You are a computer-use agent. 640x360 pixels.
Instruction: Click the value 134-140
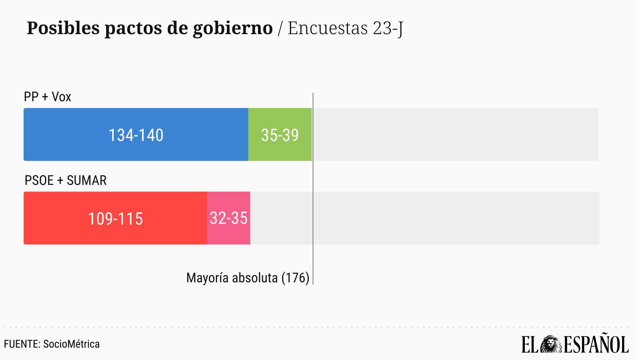[x=136, y=135]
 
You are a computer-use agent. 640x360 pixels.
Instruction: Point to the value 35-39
[x=280, y=135]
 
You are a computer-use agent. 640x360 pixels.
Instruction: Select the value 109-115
[x=116, y=219]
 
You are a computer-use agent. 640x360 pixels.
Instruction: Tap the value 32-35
[x=228, y=218]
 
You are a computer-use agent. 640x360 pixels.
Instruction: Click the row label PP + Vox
[x=48, y=97]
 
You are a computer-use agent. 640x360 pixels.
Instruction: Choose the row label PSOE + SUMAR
[x=66, y=180]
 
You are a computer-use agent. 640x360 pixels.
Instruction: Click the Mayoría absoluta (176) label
[x=248, y=278]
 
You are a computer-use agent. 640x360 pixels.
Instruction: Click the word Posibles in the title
[x=63, y=28]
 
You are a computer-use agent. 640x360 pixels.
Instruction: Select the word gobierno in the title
[x=233, y=28]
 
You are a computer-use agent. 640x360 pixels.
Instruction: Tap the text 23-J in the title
[x=388, y=28]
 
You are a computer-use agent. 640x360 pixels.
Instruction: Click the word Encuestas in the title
[x=328, y=28]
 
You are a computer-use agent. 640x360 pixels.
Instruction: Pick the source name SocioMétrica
[x=71, y=344]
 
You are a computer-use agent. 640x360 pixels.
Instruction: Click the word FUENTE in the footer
[x=21, y=344]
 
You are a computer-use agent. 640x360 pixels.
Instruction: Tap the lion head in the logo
[x=550, y=344]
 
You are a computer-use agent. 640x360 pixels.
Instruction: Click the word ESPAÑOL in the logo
[x=596, y=344]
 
